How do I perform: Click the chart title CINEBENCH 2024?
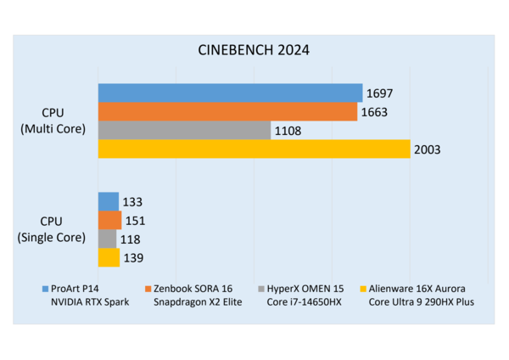pos(254,50)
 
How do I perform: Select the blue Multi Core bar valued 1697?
pos(231,93)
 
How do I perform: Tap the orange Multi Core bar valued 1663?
pos(228,112)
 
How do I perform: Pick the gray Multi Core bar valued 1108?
pos(184,130)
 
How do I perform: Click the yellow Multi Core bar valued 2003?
pos(255,149)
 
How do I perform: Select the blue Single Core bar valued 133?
pos(109,201)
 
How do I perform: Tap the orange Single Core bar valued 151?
pos(110,220)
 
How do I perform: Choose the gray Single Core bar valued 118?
pos(108,239)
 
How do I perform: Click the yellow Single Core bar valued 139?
pos(109,257)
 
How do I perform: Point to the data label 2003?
pos(428,149)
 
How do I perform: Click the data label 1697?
pos(379,93)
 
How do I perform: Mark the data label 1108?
pos(288,131)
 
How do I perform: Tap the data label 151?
pos(136,221)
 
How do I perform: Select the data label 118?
pos(130,239)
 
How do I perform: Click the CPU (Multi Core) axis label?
pos(53,121)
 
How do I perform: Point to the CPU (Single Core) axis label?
pos(51,229)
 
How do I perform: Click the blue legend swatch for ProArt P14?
pos(46,289)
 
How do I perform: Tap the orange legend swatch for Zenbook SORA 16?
pos(148,289)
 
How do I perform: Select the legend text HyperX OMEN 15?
pos(305,289)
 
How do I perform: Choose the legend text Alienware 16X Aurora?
pos(417,289)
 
